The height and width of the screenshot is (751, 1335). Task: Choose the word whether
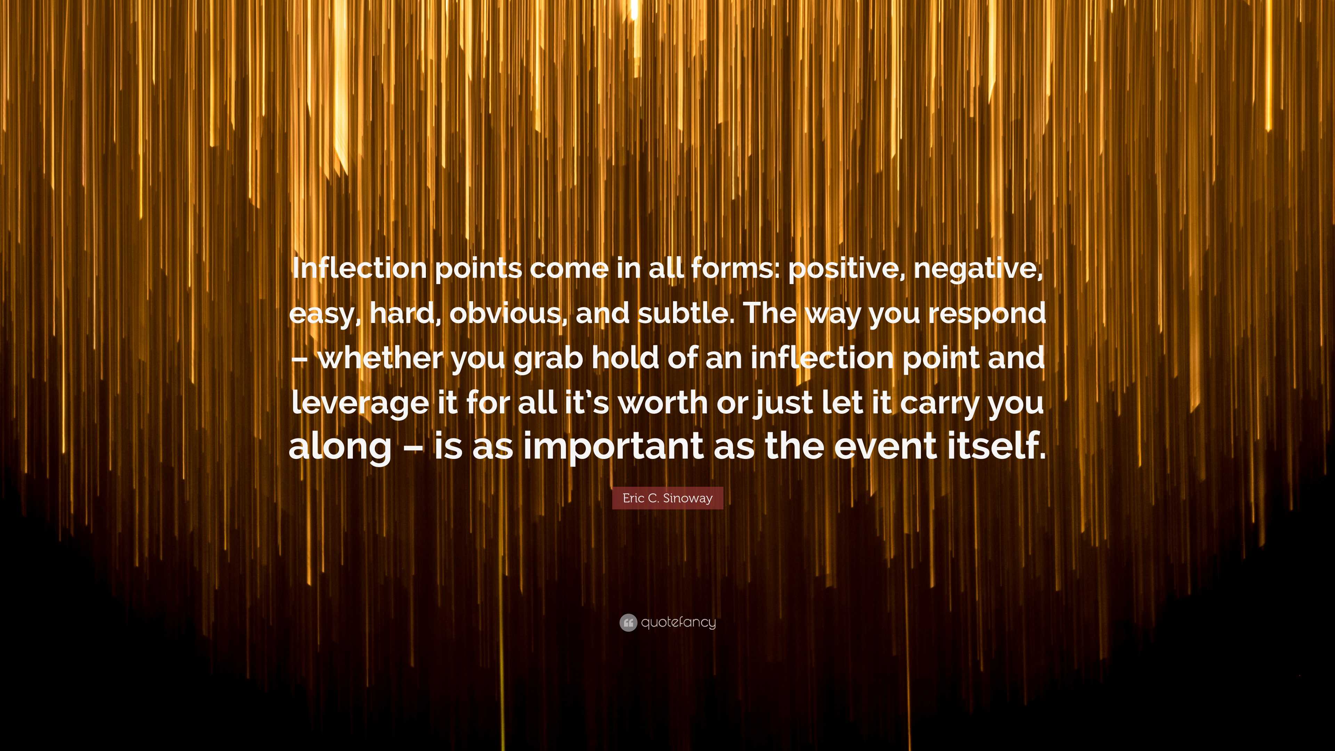coord(380,358)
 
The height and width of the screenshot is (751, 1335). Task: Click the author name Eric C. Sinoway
coord(667,498)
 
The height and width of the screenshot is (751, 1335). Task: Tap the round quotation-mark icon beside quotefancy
coord(628,622)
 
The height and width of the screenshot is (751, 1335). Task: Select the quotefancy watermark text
coord(678,622)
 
